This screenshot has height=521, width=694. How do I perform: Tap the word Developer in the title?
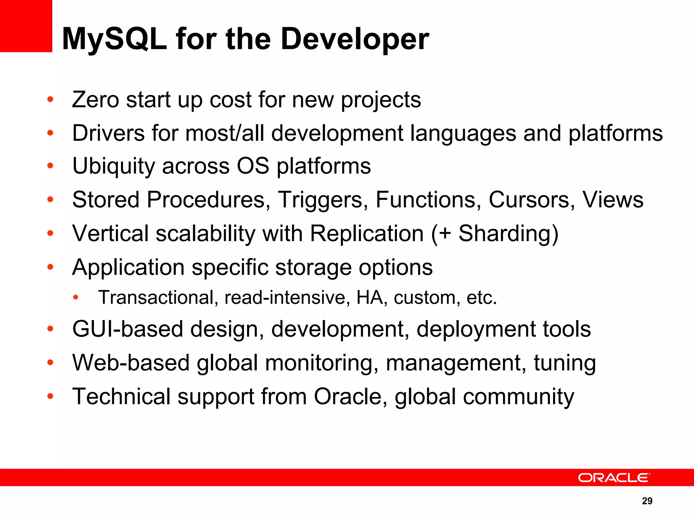[x=355, y=39]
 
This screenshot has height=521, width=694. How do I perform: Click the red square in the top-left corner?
[x=26, y=26]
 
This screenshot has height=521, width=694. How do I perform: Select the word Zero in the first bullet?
[x=95, y=100]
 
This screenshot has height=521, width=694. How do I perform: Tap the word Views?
[x=613, y=200]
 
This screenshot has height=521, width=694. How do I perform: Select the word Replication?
[x=367, y=234]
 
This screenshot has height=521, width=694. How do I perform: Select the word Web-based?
[x=131, y=363]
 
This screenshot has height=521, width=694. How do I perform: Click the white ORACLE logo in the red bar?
[x=614, y=478]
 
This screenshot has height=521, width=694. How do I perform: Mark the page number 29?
[x=647, y=501]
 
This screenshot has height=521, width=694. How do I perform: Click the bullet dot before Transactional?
[x=76, y=298]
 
